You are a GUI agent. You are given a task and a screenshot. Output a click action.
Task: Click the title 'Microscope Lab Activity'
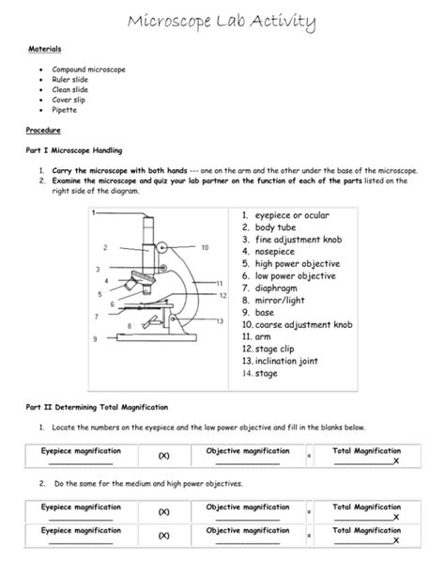pos(222,22)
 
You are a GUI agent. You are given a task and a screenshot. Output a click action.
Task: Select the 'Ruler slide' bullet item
pos(71,80)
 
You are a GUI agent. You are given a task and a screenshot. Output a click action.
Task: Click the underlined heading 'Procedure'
pos(43,131)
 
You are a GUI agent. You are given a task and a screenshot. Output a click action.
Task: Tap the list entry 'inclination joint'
pos(295,361)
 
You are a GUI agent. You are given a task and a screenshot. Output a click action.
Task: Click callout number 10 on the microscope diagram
pos(205,248)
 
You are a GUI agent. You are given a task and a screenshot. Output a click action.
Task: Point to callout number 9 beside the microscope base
pos(94,338)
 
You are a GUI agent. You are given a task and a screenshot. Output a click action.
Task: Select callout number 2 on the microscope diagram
pos(105,247)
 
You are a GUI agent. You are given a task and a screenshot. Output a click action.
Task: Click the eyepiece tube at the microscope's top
pos(148,229)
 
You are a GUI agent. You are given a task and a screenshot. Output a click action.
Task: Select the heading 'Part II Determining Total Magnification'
pos(97,407)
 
